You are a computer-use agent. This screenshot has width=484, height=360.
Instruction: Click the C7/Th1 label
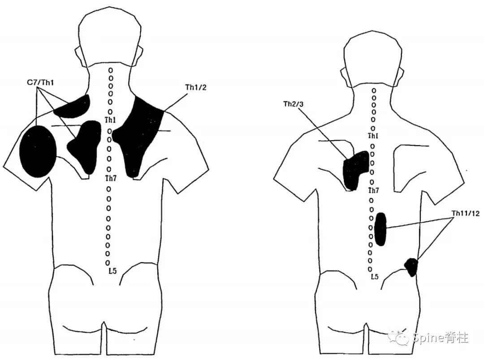coord(41,82)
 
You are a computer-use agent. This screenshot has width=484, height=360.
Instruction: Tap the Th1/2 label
coord(196,87)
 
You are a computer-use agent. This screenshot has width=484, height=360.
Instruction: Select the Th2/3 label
coord(293,104)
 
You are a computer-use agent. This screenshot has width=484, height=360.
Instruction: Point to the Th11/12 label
coord(466,213)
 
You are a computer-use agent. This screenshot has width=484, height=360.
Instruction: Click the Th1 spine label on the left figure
coord(110,120)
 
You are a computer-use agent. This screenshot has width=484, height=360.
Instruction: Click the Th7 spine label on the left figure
coord(111,178)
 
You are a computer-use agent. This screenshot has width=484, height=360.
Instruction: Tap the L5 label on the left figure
coord(112,271)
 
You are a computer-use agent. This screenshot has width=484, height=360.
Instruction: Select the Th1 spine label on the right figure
coord(373,136)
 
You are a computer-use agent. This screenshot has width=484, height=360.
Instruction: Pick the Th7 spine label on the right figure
coord(373,190)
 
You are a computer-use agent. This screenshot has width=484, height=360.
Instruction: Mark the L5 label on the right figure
coord(374,276)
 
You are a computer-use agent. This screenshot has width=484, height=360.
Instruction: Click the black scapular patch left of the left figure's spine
coord(85,146)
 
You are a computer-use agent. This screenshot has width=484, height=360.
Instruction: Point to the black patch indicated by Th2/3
coord(355,170)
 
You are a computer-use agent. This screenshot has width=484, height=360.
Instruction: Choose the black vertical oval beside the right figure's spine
coord(380,229)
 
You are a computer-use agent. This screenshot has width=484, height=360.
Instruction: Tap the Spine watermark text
coord(440,338)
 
